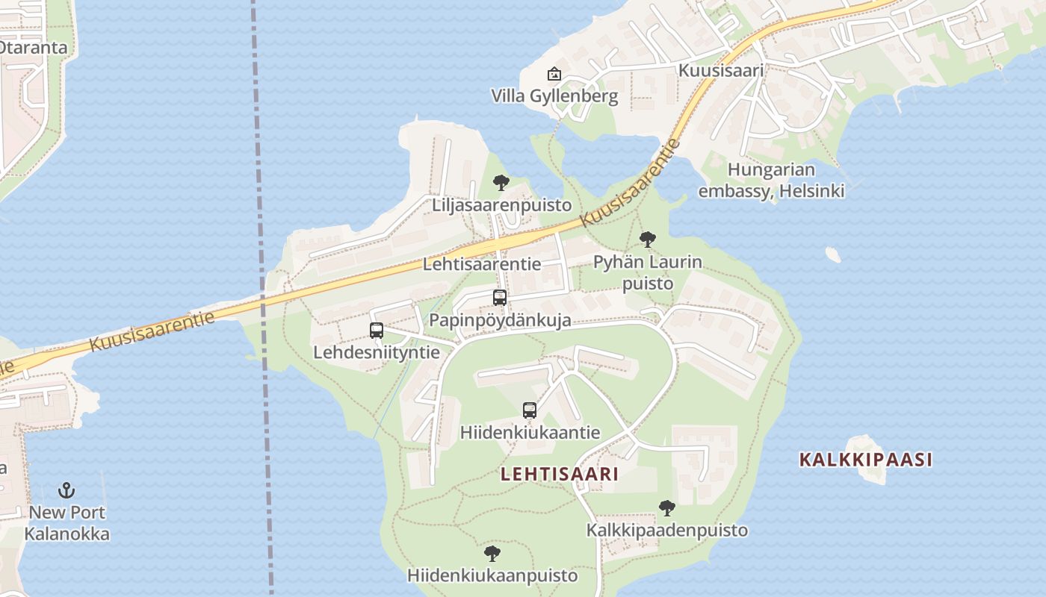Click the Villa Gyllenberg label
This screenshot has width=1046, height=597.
pyautogui.click(x=554, y=96)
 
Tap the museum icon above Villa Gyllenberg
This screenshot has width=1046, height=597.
pyautogui.click(x=554, y=74)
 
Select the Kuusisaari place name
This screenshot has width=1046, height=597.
pyautogui.click(x=721, y=70)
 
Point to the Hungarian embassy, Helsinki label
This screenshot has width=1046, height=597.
pyautogui.click(x=771, y=181)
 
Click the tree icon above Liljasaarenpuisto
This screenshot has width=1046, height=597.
pyautogui.click(x=501, y=183)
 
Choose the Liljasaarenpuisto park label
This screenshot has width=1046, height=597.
pyautogui.click(x=501, y=205)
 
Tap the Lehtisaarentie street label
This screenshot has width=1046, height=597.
pyautogui.click(x=482, y=264)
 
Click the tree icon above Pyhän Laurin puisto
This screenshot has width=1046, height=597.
pyautogui.click(x=648, y=240)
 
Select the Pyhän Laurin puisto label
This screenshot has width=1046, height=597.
pyautogui.click(x=648, y=272)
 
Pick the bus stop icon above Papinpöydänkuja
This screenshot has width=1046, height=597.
pyautogui.click(x=500, y=298)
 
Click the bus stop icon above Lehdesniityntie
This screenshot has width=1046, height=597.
pyautogui.click(x=377, y=330)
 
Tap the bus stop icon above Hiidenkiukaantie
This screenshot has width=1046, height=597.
pyautogui.click(x=530, y=410)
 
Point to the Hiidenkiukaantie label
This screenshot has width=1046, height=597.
pyautogui.click(x=530, y=433)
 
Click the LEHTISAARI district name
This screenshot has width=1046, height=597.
pyautogui.click(x=560, y=474)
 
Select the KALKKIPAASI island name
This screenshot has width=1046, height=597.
pyautogui.click(x=866, y=460)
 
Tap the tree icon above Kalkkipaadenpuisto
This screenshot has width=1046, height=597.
pyautogui.click(x=667, y=508)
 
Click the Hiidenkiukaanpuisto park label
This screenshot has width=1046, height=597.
pyautogui.click(x=492, y=576)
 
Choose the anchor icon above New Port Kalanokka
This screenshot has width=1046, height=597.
pyautogui.click(x=67, y=490)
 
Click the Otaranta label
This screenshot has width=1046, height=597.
pyautogui.click(x=34, y=48)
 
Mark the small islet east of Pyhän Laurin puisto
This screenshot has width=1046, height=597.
pyautogui.click(x=833, y=254)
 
